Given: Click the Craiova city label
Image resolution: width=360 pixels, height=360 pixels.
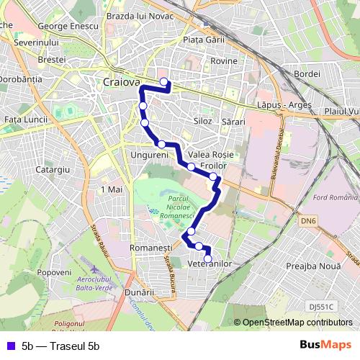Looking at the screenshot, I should coord(122,82).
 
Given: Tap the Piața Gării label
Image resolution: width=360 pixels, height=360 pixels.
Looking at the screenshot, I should coord(204,40).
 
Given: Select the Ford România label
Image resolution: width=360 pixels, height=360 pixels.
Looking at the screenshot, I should coord(336,198).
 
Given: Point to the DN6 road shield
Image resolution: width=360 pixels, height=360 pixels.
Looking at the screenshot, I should coord(309,221).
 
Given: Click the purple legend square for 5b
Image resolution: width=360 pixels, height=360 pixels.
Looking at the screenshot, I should coord(10,346).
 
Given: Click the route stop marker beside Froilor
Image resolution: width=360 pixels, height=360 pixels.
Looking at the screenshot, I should coord(213,176).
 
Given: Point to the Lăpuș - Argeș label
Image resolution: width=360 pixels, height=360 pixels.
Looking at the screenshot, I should coord(285,105).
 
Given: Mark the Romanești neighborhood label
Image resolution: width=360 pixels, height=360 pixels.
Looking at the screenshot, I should coord(148,248).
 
